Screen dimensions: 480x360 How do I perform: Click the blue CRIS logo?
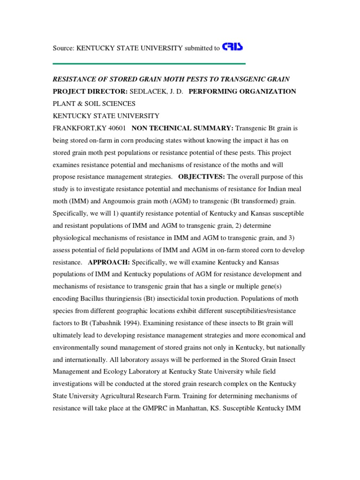coord(232,47)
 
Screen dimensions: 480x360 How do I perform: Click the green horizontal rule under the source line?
coord(149,64)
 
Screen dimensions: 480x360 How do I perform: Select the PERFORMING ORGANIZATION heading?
coord(242,91)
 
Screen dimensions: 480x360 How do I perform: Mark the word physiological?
coord(72,238)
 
